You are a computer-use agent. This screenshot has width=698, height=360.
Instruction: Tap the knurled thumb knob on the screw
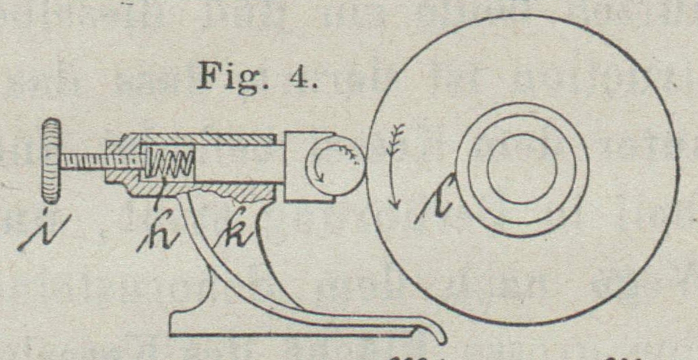(x=51, y=161)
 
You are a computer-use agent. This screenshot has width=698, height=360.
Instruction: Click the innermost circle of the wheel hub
(x=522, y=169)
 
